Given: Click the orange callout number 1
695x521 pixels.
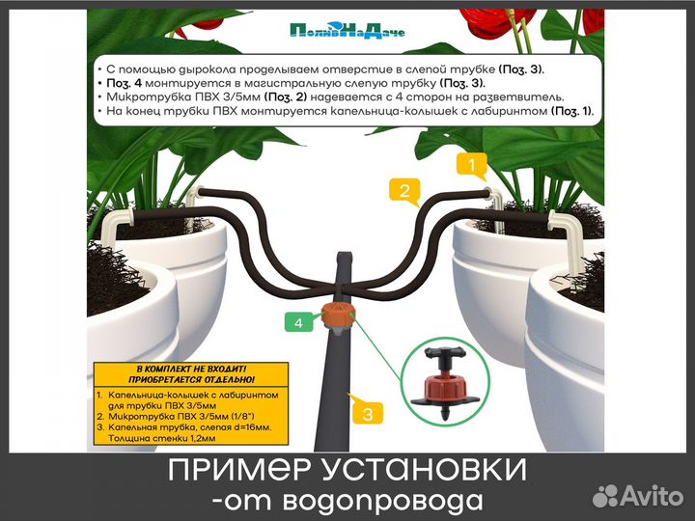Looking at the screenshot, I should [472, 165].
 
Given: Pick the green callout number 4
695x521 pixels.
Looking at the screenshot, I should [299, 324].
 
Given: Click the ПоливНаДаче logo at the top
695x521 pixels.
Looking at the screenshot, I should [347, 30].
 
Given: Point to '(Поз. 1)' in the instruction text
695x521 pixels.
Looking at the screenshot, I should [571, 112].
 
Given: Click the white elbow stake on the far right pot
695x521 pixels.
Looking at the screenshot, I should [565, 236].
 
